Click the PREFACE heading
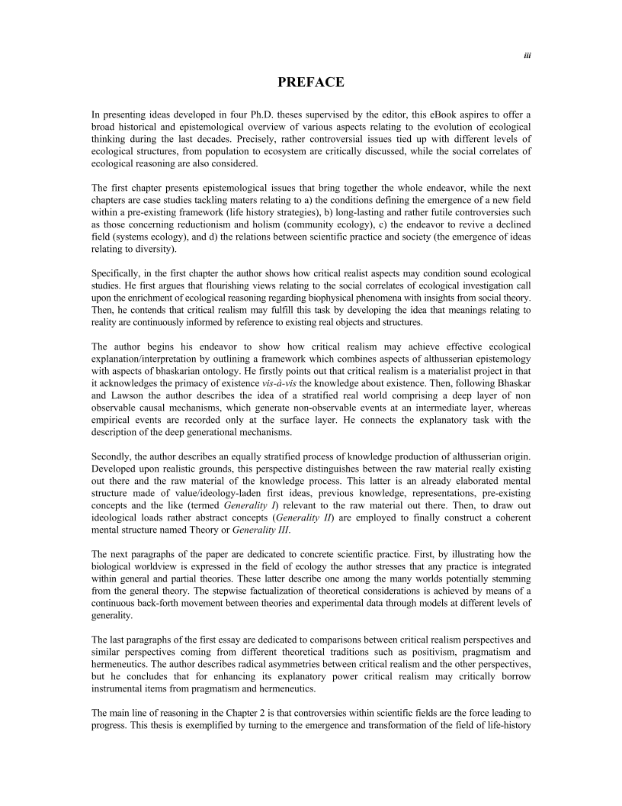coord(311,82)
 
